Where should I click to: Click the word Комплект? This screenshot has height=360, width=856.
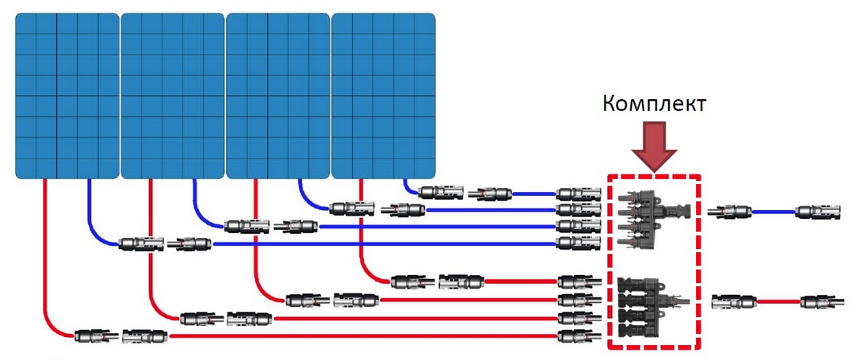pyautogui.click(x=653, y=104)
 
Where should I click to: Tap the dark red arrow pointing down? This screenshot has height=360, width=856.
pyautogui.click(x=654, y=146)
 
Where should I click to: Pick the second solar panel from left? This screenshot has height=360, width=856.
pyautogui.click(x=172, y=95)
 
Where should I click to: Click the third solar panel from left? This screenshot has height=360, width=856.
pyautogui.click(x=277, y=95)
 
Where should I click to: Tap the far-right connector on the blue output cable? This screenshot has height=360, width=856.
pyautogui.click(x=816, y=212)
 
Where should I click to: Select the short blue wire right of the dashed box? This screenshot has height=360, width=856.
pyautogui.click(x=773, y=212)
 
